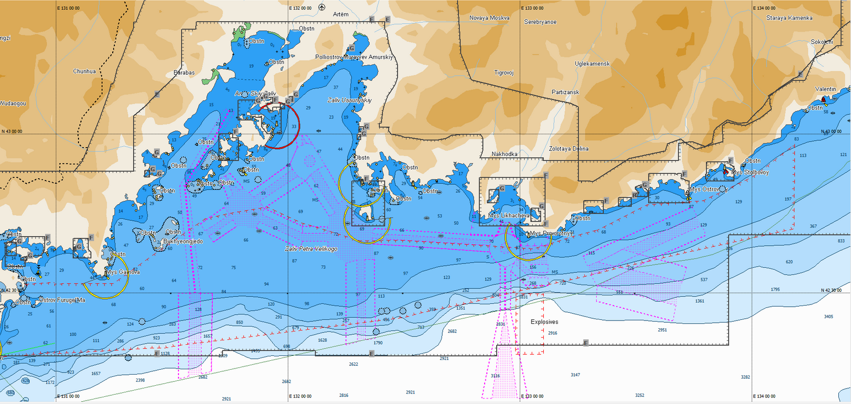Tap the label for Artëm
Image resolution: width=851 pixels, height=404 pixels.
click(x=342, y=14)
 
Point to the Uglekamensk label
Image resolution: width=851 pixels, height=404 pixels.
click(x=592, y=64)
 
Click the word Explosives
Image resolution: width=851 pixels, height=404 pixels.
click(x=544, y=322)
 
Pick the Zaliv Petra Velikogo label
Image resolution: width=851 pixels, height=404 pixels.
click(x=311, y=249)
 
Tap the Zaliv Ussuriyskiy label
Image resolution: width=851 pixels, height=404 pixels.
click(x=350, y=100)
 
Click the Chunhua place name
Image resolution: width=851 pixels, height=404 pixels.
click(x=85, y=71)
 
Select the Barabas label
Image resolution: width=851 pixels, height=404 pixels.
click(x=184, y=72)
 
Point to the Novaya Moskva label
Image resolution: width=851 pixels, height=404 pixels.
click(x=489, y=18)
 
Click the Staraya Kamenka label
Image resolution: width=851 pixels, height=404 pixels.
click(x=789, y=18)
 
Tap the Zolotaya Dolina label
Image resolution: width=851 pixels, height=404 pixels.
click(x=569, y=149)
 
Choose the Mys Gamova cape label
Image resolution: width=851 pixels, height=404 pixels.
click(x=123, y=272)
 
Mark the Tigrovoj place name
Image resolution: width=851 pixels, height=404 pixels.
click(x=504, y=72)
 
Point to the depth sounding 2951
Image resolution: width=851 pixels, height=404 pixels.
click(x=662, y=330)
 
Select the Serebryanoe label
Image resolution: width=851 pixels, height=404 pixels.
click(x=540, y=22)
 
